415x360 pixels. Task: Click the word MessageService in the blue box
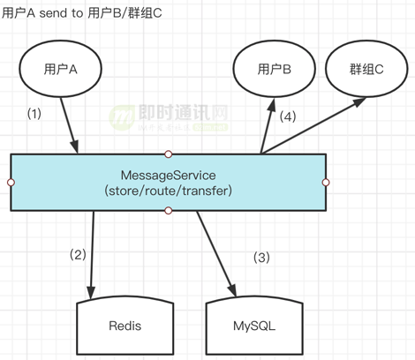(x=168, y=175)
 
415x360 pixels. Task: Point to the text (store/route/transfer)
(x=168, y=190)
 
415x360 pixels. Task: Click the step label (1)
(x=35, y=114)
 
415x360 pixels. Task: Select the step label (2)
(x=79, y=255)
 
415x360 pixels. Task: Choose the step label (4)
(x=288, y=116)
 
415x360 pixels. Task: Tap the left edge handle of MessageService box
(x=11, y=182)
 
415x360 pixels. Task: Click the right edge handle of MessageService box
(x=325, y=182)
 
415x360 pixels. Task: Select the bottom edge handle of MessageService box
(x=168, y=210)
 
